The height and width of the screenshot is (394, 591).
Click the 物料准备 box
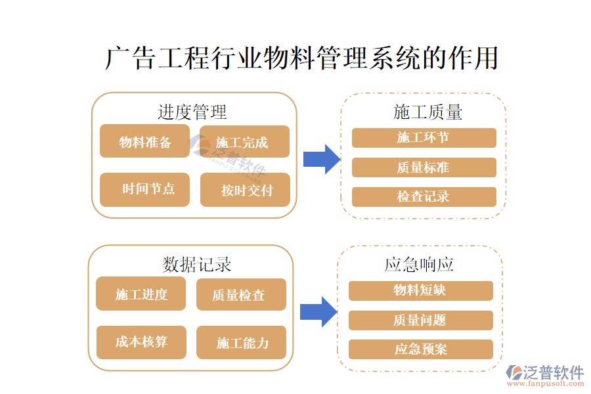pyautogui.click(x=144, y=142)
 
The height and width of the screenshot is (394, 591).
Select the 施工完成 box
pyautogui.click(x=244, y=142)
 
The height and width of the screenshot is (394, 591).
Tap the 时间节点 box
pyautogui.click(x=144, y=190)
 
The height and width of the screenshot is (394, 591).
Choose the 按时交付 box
pyautogui.click(x=245, y=190)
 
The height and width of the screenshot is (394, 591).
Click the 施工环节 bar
pyautogui.click(x=424, y=138)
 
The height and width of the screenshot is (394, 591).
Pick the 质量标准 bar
pyautogui.click(x=424, y=167)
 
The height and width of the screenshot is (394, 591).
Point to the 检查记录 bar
pyautogui.click(x=424, y=197)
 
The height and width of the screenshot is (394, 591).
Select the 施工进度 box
pyautogui.click(x=141, y=294)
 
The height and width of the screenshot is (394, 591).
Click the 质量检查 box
pyautogui.click(x=241, y=294)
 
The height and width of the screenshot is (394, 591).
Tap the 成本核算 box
pyautogui.click(x=141, y=342)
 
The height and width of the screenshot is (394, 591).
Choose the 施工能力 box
pyautogui.click(x=241, y=342)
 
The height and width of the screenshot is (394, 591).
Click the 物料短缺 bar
pyautogui.click(x=420, y=290)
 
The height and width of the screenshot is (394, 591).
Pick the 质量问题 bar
pyautogui.click(x=420, y=320)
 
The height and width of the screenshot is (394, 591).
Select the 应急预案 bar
pyautogui.click(x=420, y=349)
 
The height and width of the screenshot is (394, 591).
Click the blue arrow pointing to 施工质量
pyautogui.click(x=321, y=159)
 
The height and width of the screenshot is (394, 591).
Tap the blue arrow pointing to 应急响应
pyautogui.click(x=318, y=311)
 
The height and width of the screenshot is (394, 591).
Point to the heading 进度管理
pyautogui.click(x=192, y=112)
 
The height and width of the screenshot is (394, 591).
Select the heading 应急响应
pyautogui.click(x=420, y=264)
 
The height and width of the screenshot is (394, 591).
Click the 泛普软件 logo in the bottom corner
pyautogui.click(x=546, y=375)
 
